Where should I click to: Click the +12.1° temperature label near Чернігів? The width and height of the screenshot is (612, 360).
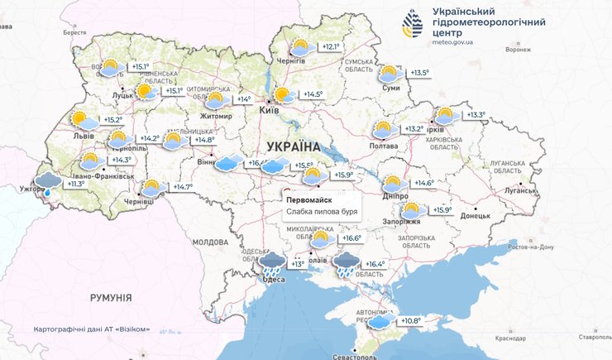332,47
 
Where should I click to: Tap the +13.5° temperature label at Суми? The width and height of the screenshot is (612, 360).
420,74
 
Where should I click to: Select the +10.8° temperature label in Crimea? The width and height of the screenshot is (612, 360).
411,321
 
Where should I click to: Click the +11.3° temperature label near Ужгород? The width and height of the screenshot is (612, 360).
75,184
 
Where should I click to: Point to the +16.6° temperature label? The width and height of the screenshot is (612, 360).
352,238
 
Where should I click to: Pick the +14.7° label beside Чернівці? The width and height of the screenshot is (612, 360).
182,188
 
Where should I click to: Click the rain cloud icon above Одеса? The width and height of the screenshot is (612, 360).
273,264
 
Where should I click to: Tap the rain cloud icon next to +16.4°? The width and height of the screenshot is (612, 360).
347,264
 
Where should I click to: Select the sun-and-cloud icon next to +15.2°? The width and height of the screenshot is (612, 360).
81,120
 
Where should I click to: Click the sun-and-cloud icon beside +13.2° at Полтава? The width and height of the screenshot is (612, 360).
382,130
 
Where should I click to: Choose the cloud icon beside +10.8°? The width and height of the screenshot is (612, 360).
381,322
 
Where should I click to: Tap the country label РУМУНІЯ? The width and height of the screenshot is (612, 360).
111,297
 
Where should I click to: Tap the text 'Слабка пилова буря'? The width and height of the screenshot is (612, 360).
322,213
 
